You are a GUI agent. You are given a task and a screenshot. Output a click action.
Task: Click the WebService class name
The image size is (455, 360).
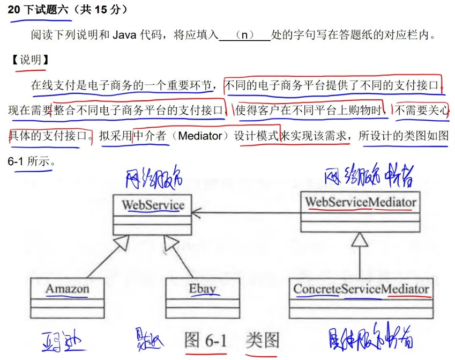tap(153, 204)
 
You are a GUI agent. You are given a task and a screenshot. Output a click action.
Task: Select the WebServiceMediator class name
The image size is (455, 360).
tap(360, 202)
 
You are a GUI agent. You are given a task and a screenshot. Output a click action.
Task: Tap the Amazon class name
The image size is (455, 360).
tap(67, 289)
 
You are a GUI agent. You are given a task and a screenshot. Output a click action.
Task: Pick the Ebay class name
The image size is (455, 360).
tap(202, 289)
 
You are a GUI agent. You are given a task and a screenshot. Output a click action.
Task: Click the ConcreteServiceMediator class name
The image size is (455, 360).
tap(361, 289)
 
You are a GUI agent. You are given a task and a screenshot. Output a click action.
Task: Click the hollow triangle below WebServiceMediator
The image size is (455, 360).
tap(360, 240)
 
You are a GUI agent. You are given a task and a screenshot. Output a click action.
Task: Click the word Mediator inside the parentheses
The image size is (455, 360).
tap(199, 136)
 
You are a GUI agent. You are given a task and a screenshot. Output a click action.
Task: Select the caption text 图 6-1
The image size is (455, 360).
tap(206, 340)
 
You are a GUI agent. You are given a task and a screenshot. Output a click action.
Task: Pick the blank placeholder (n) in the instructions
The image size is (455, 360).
tap(245, 35)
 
